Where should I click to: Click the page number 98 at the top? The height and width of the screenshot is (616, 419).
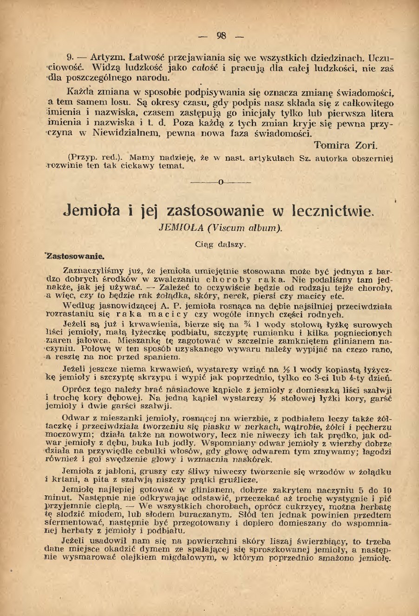[x=221, y=36]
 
